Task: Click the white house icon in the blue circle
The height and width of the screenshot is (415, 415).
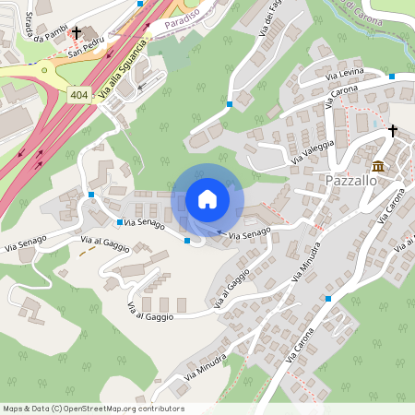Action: click(x=207, y=199)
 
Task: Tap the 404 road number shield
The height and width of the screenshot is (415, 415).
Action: click(x=80, y=93)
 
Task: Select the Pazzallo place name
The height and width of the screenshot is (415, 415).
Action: click(x=350, y=180)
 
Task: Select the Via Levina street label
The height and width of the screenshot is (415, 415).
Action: click(x=346, y=73)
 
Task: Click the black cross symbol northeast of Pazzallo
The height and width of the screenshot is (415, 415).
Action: click(x=392, y=131)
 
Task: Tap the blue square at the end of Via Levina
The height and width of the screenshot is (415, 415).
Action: click(x=392, y=76)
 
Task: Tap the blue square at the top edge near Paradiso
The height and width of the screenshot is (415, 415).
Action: click(x=140, y=4)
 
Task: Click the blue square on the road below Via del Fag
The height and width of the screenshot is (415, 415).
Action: click(x=229, y=104)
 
